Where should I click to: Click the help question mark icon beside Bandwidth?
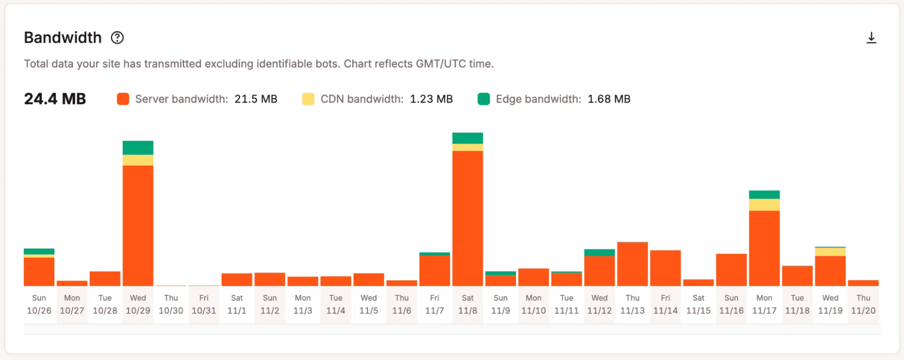117,38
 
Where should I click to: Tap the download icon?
871,38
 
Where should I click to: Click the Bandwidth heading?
63,38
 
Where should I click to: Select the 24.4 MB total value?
55,99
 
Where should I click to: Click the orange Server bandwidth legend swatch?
123,99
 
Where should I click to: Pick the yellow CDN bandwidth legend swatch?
308,99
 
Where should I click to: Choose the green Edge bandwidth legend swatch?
483,99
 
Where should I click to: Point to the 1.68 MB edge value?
609,99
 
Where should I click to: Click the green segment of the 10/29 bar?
138,148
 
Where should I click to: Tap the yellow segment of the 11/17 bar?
764,205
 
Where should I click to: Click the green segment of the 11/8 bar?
468,138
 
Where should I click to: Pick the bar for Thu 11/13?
632,264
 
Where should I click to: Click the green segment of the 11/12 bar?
599,252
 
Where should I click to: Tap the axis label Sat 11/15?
698,304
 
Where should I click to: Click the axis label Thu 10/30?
171,304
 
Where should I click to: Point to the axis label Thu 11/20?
863,304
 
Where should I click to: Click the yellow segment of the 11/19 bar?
830,252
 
